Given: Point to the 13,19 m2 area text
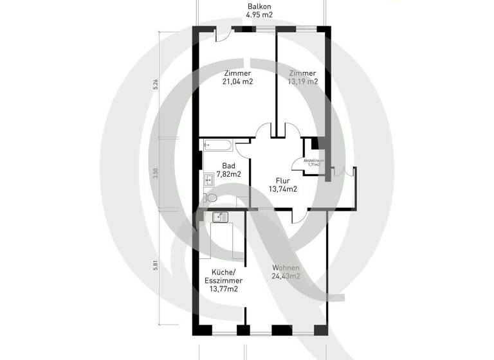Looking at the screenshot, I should (x=303, y=82).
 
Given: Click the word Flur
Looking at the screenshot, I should (x=282, y=181).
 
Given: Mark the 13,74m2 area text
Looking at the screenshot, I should (x=282, y=190).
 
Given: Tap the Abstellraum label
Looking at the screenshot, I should (x=314, y=161).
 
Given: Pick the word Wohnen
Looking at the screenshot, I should (x=286, y=267).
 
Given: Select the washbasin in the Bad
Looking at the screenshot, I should (x=208, y=179).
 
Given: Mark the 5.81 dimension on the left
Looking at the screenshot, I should (x=156, y=264).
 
